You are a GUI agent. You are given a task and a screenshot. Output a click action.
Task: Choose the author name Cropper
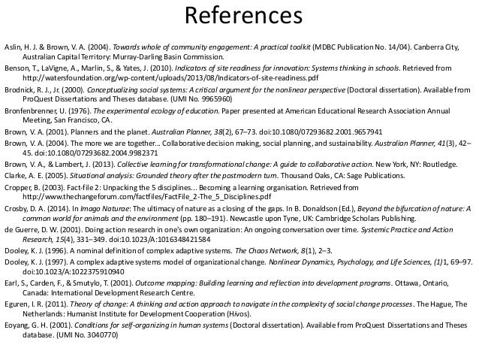click(x=18, y=183)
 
